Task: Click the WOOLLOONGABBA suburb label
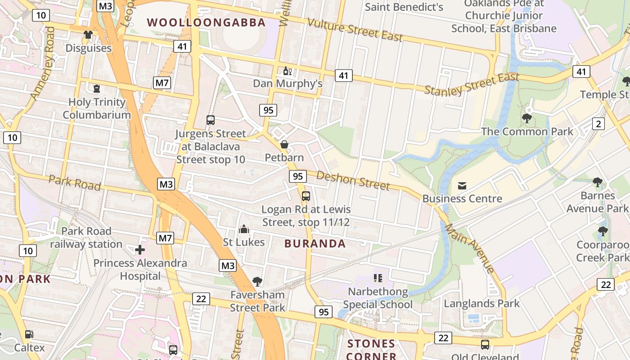(x=207, y=22)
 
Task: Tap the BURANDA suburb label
(x=315, y=243)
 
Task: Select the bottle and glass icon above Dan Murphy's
(x=287, y=71)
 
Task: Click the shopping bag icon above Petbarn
(x=284, y=144)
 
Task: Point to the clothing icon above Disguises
(x=88, y=35)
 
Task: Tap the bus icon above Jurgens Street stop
(x=210, y=120)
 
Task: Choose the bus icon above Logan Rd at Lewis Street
(x=306, y=196)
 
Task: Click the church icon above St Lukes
(x=244, y=229)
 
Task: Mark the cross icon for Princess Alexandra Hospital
(x=140, y=249)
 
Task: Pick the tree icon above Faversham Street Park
(x=257, y=282)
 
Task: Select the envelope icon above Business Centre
(x=462, y=185)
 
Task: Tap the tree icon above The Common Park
(x=527, y=118)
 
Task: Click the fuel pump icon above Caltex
(x=29, y=334)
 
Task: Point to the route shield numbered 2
(x=598, y=124)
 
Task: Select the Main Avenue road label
(x=470, y=248)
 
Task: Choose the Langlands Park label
(x=481, y=303)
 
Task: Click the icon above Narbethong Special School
(x=378, y=278)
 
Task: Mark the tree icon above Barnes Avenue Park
(x=597, y=182)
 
